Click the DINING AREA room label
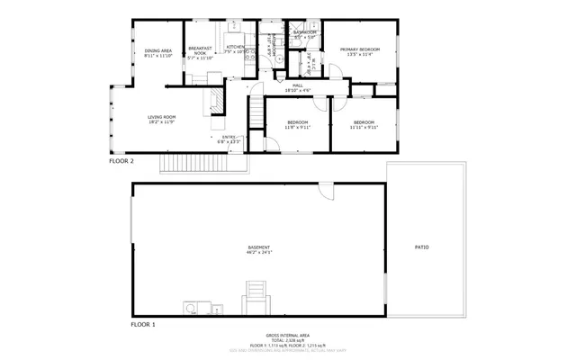pyautogui.click(x=158, y=50)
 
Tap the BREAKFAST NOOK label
pyautogui.click(x=199, y=51)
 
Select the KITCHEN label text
pyautogui.click(x=236, y=47)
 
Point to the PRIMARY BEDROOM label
pyautogui.click(x=359, y=49)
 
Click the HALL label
pyautogui.click(x=297, y=85)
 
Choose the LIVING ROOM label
pyautogui.click(x=162, y=117)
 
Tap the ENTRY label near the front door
pyautogui.click(x=229, y=137)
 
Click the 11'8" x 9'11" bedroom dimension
pyautogui.click(x=297, y=128)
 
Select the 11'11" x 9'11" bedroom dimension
pyautogui.click(x=364, y=128)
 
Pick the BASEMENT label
pyautogui.click(x=259, y=247)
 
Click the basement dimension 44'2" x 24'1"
pyautogui.click(x=259, y=253)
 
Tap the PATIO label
pyautogui.click(x=421, y=247)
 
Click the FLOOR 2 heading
pyautogui.click(x=121, y=161)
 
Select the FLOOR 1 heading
pyautogui.click(x=143, y=323)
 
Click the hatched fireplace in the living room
pyautogui.click(x=216, y=101)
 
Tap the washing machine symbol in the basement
pyautogui.click(x=191, y=308)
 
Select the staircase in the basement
pyautogui.click(x=256, y=296)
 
